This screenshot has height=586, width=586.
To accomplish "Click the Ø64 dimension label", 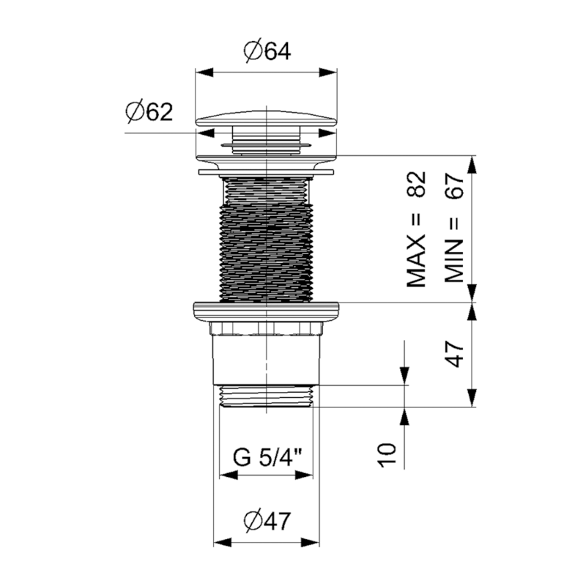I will pos(266,51).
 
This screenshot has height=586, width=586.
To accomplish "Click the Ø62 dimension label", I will pos(149,112).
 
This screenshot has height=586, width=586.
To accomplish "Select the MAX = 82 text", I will pos(417,229).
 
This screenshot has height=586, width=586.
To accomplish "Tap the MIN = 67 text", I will pos(454,229).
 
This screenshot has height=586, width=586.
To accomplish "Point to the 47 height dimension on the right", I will pos(456,354).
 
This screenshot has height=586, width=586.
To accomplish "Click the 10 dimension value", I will pos(388,454).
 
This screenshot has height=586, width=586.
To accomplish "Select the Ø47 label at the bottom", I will pos(267,521).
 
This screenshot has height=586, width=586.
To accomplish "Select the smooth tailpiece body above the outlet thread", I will pos(267,355).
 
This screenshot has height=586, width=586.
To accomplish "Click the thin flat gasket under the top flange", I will pos(267,173).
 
